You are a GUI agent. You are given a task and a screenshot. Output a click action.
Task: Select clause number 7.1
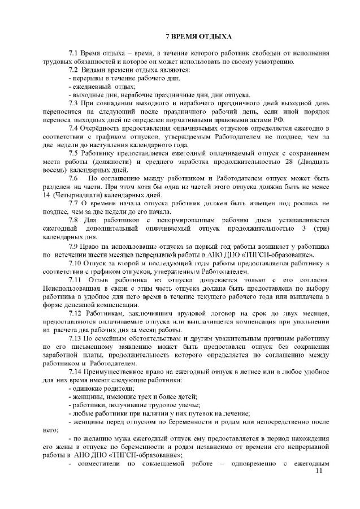point(72,53)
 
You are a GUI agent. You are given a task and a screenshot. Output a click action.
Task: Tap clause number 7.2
point(72,70)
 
